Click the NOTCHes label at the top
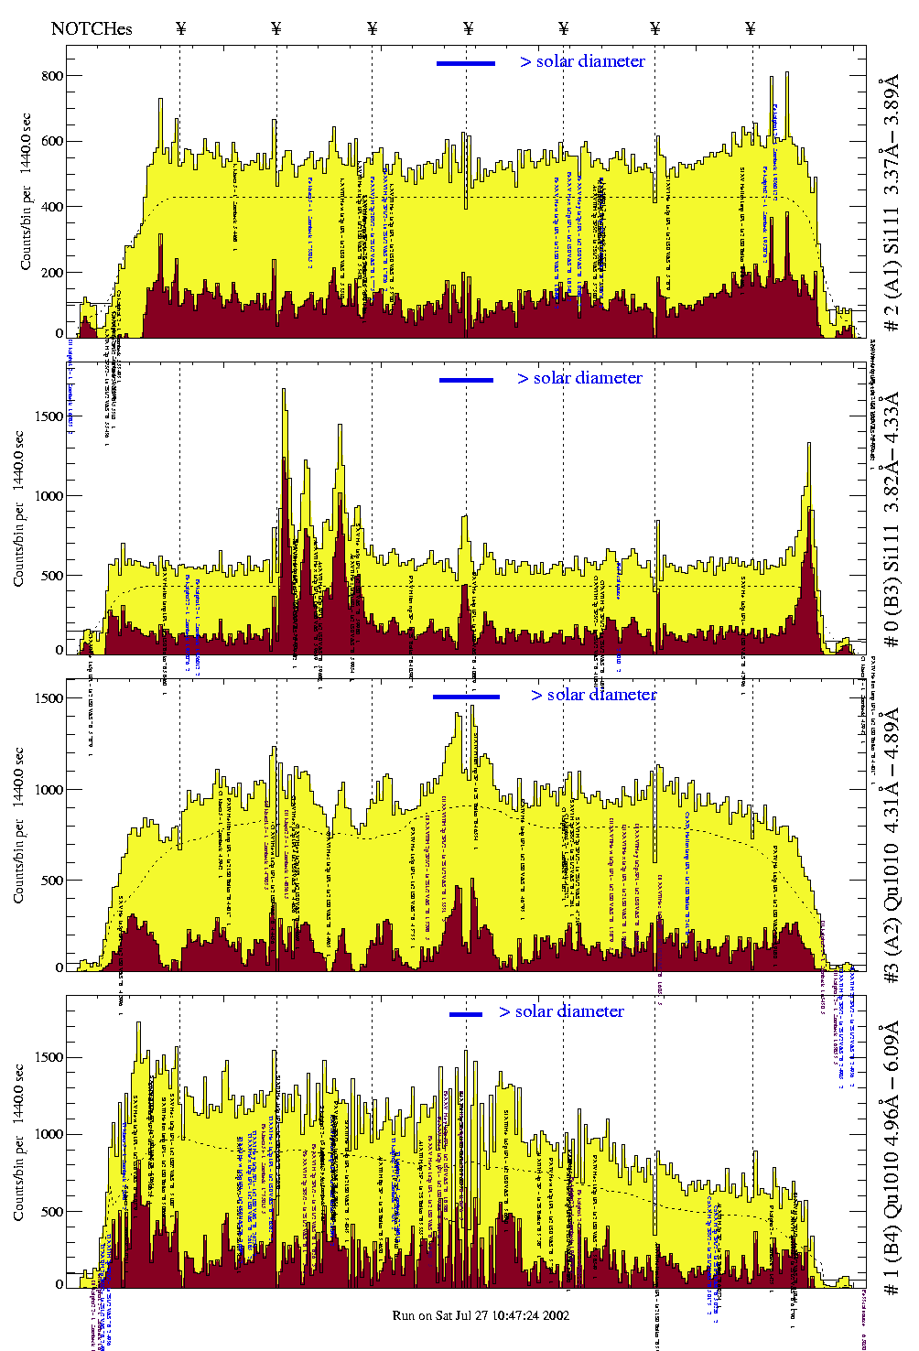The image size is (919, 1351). (x=92, y=28)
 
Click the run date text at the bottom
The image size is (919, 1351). (x=481, y=1315)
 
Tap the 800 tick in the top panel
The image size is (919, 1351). (x=51, y=76)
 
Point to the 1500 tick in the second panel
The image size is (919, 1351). (x=47, y=416)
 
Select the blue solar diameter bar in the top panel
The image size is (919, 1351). (x=466, y=63)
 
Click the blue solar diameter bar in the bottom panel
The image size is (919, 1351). (x=466, y=1014)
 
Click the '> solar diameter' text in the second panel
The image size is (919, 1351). (x=579, y=378)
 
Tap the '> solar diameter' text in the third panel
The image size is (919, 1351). (x=593, y=695)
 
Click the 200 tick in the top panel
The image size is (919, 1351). (x=51, y=273)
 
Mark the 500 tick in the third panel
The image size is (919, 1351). (x=51, y=881)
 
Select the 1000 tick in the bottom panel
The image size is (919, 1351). (x=47, y=1134)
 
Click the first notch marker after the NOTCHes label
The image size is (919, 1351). (x=180, y=28)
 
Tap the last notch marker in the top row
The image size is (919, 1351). (x=751, y=28)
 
